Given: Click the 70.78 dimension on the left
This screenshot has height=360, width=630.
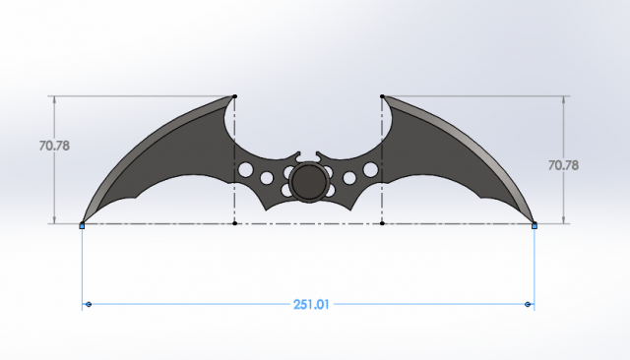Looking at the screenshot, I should click(54, 145).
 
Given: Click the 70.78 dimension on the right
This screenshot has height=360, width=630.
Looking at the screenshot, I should click(563, 165).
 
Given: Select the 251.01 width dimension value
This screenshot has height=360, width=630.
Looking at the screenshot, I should click(309, 305).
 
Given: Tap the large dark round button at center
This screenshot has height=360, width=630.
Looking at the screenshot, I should click(308, 182).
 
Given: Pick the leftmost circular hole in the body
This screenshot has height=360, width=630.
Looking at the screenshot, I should click(245, 170).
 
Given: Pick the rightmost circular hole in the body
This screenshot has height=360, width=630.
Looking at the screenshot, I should click(370, 170).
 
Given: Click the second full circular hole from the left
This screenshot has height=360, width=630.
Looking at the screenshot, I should click(266, 179).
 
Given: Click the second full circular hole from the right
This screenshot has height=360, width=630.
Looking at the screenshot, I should click(350, 179).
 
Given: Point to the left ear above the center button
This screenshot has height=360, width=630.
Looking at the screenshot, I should click(294, 157).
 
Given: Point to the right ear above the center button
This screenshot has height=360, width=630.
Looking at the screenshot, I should click(322, 157).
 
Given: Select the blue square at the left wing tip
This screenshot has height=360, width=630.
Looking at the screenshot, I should click(82, 225).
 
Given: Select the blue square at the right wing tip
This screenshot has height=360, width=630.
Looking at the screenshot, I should click(535, 225).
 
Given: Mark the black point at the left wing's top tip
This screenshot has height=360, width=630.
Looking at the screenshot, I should click(234, 96).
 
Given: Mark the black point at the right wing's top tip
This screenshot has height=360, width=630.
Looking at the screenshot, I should click(382, 96).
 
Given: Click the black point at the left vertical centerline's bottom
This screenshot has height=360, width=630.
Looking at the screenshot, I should click(234, 223).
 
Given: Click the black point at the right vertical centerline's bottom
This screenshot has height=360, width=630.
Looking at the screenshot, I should click(382, 223).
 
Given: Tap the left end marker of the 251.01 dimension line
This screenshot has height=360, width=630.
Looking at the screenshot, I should click(88, 305).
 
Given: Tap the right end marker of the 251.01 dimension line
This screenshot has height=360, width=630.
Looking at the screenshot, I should click(529, 305).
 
